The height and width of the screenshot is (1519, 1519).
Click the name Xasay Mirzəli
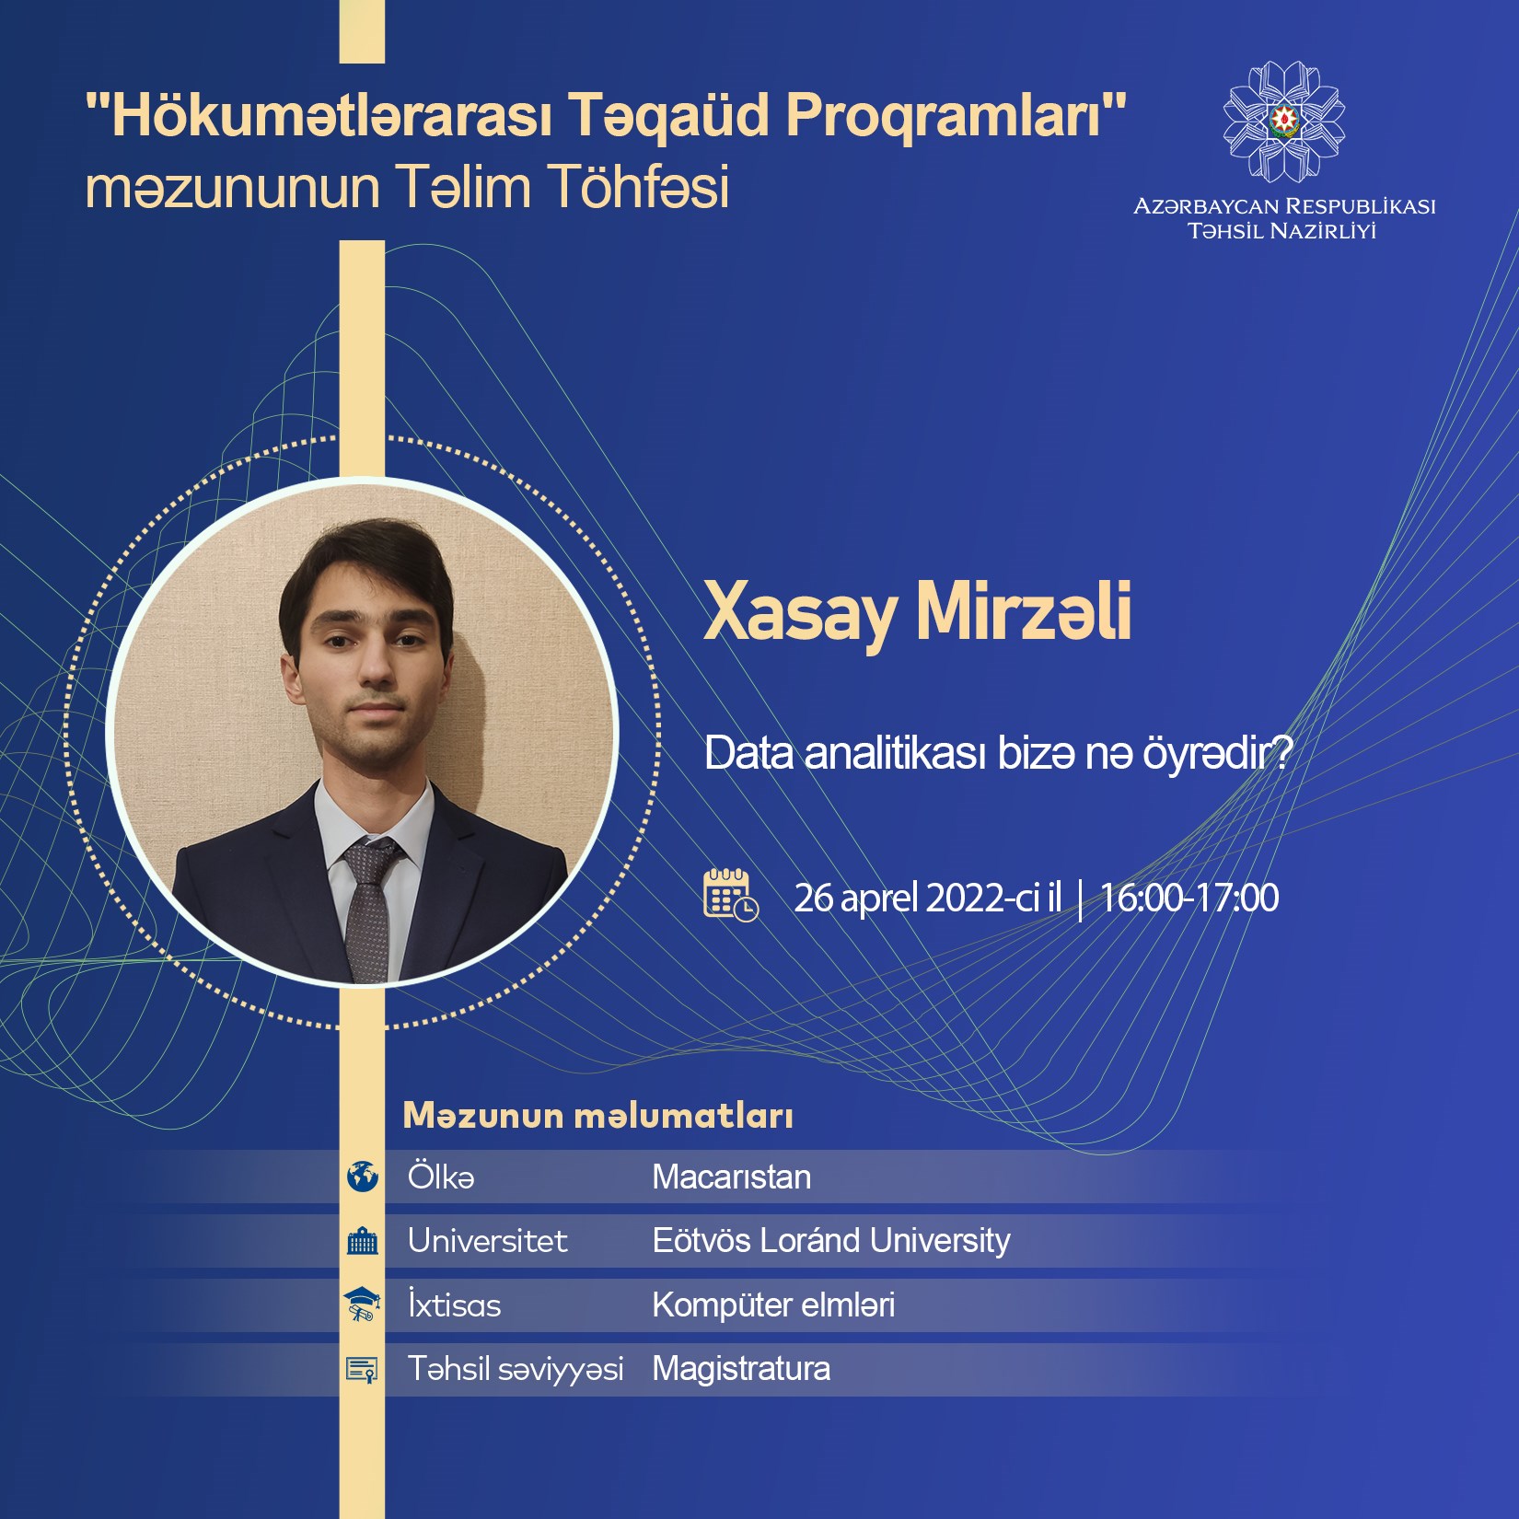point(917,613)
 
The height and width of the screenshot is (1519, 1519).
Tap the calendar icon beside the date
point(731,894)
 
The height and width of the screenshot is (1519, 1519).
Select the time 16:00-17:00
point(1189,898)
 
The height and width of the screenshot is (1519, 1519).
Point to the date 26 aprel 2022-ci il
point(928,898)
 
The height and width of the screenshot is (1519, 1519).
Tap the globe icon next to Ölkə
point(363,1177)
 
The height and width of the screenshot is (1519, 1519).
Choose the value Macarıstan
point(732,1177)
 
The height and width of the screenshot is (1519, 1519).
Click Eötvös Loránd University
point(831,1240)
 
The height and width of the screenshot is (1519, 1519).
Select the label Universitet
point(488,1241)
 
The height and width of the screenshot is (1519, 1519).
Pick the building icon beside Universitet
point(363,1241)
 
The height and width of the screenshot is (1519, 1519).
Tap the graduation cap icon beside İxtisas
point(362,1304)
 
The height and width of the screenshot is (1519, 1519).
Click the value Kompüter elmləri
point(773,1305)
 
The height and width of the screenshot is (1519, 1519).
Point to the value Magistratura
point(741,1369)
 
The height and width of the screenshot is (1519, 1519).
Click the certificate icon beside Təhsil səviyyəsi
point(362,1369)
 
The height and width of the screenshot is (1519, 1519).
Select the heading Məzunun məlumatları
point(598,1116)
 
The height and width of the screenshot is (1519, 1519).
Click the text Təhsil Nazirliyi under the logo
point(1282,231)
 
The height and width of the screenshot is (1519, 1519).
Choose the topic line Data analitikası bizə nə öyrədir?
point(999,753)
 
